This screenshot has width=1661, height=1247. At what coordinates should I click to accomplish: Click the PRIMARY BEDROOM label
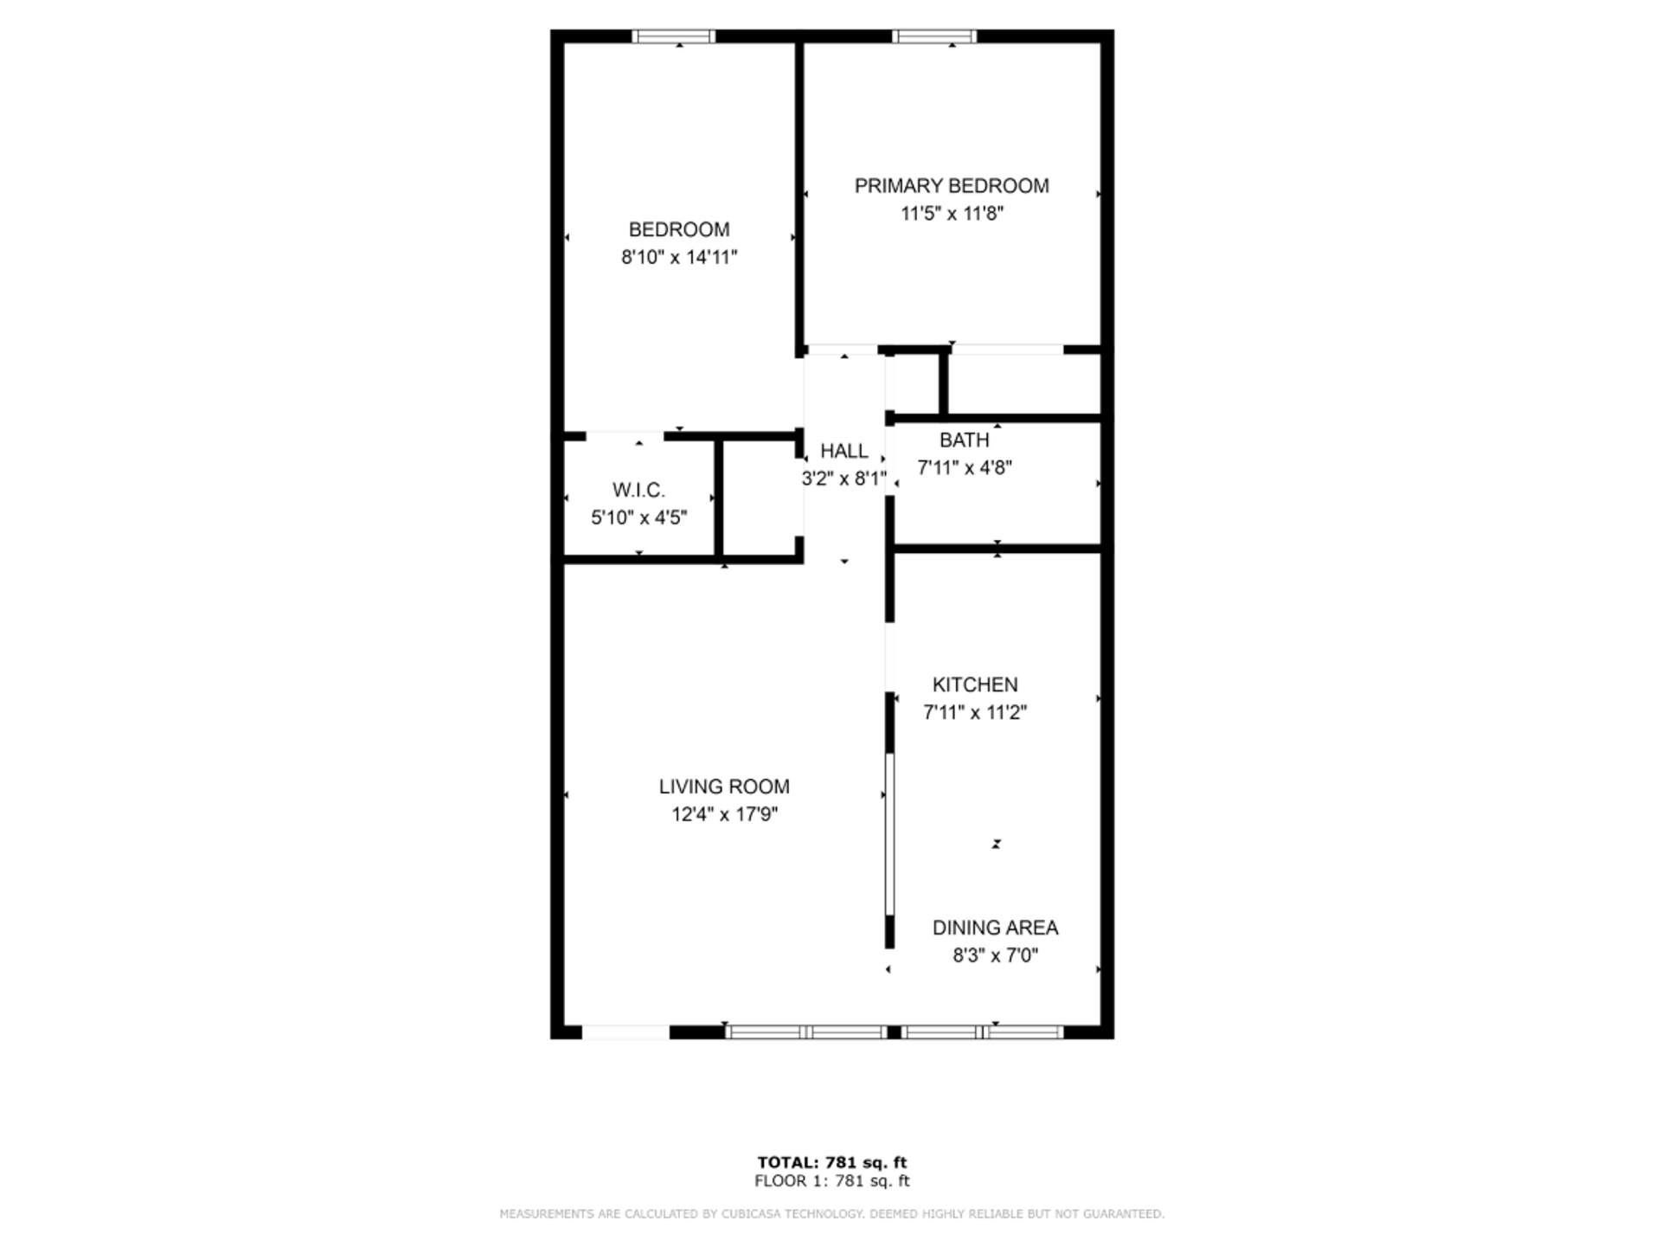(952, 186)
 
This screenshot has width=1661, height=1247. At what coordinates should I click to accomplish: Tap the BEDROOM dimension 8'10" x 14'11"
(679, 257)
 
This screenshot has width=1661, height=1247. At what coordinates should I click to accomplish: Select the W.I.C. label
(638, 491)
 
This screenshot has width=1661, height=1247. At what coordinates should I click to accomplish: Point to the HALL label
(844, 451)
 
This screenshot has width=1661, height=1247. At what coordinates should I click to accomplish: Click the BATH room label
(964, 440)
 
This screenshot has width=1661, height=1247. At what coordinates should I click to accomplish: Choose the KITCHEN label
(975, 685)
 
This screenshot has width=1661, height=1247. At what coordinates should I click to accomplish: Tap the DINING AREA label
(995, 928)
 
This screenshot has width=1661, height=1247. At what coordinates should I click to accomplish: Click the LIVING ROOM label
(724, 787)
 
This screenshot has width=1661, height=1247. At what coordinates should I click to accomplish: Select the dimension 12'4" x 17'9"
(724, 814)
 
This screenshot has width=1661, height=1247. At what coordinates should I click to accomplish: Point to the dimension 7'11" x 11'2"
(975, 712)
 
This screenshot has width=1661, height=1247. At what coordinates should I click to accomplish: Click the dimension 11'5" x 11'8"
(952, 214)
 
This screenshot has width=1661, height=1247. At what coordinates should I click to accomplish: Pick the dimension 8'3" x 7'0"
(995, 955)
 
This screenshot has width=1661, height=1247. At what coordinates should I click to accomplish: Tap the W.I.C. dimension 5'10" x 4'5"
(638, 518)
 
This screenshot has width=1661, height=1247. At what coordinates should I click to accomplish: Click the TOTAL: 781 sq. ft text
(831, 1162)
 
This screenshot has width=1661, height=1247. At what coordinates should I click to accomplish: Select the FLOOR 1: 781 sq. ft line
(831, 1180)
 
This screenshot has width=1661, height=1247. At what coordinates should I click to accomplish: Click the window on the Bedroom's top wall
(673, 36)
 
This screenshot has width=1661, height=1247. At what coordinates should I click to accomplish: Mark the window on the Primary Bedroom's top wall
(934, 36)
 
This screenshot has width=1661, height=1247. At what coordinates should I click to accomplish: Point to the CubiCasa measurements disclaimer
(831, 1214)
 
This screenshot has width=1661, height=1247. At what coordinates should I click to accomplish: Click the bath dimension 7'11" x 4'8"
(964, 468)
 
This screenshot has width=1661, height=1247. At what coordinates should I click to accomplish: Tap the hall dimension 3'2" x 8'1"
(844, 479)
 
